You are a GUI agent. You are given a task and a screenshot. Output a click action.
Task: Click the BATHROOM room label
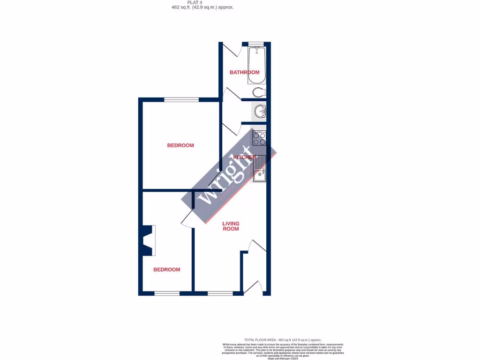(244, 72)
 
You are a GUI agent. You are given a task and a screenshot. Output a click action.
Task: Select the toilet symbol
(259, 91)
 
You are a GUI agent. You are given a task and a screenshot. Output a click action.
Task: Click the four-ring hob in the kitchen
(259, 138)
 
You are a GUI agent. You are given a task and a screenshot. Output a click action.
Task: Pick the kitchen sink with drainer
(259, 168)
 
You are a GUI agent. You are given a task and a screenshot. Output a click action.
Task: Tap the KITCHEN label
(244, 157)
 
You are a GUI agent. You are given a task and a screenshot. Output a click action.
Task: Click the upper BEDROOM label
(180, 145)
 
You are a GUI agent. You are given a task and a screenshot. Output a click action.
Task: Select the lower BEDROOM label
(167, 270)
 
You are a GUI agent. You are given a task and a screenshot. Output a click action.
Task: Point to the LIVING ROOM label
(231, 226)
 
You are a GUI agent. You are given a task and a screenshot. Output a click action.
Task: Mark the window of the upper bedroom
(181, 99)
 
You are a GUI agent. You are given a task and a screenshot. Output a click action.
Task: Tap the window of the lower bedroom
(167, 293)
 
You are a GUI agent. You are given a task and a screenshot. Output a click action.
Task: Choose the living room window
(220, 293)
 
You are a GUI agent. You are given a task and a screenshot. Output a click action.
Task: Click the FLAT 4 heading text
(202, 3)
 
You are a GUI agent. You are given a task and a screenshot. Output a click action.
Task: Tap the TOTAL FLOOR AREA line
(283, 339)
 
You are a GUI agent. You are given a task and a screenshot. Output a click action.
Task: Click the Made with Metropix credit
(283, 359)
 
